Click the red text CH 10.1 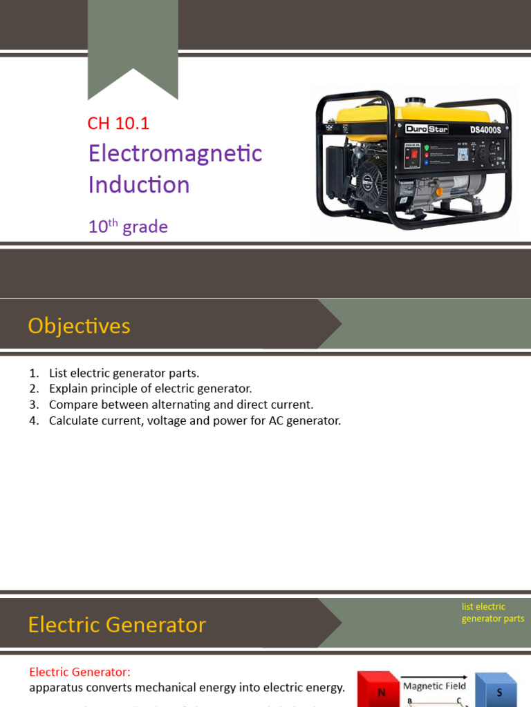(118, 124)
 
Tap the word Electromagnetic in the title (175, 153)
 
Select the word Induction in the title (138, 184)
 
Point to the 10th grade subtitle (128, 226)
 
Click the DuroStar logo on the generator (427, 129)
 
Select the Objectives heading (79, 326)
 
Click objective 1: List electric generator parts (124, 373)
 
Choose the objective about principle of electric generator (150, 389)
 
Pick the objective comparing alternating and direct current (180, 405)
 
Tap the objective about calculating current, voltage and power (194, 420)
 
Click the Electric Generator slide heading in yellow (117, 625)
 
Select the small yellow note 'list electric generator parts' (492, 612)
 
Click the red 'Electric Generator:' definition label (80, 672)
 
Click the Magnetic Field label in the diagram (434, 686)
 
